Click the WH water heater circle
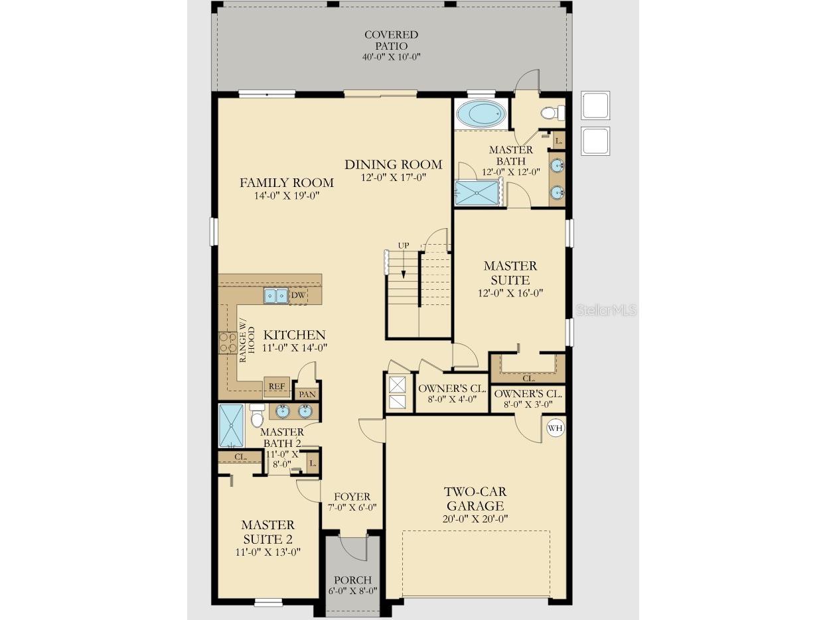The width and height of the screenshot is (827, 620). click(x=556, y=428)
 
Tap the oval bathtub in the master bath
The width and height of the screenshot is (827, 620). click(x=481, y=113)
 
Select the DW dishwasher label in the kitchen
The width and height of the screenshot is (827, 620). click(x=298, y=295)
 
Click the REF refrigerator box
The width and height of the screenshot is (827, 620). click(x=277, y=386)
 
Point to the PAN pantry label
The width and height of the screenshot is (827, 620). click(x=307, y=394)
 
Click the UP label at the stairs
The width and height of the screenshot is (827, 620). click(x=404, y=245)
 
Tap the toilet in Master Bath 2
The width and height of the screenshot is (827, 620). click(x=257, y=416)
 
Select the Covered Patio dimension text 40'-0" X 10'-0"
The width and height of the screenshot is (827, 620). click(x=391, y=57)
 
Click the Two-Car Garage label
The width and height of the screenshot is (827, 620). click(x=475, y=499)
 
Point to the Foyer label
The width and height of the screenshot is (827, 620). click(x=352, y=497)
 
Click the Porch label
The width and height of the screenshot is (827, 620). click(x=352, y=580)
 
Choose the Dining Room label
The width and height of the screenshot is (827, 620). click(x=394, y=164)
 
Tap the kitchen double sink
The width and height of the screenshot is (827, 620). click(x=276, y=296)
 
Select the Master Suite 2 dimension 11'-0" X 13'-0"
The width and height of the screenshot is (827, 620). click(x=267, y=552)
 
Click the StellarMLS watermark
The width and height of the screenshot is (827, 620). click(x=606, y=310)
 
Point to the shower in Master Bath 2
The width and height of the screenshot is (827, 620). click(x=231, y=426)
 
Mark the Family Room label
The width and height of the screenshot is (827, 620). click(x=287, y=182)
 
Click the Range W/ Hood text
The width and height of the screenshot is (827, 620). click(x=247, y=345)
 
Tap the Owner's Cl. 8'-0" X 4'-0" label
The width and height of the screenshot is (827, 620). click(x=452, y=394)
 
